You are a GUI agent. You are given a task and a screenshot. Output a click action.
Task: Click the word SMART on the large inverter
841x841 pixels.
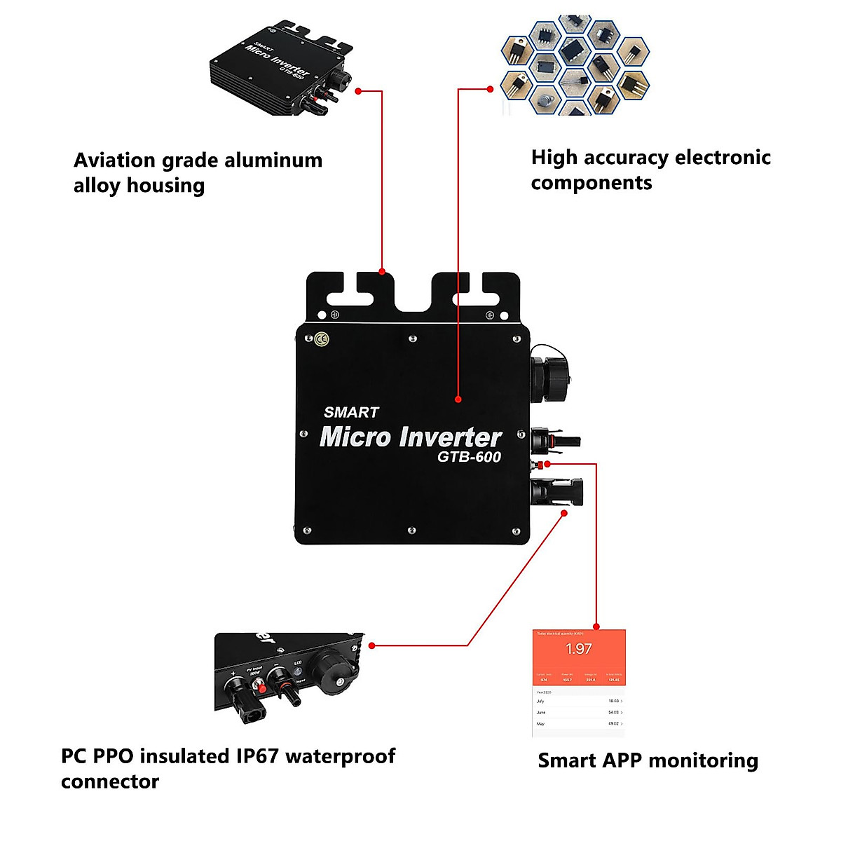coord(351,413)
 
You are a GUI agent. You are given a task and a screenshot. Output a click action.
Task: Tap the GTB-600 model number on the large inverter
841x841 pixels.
coord(469,457)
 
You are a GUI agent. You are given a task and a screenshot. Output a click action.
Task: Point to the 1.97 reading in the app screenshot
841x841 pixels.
coord(579,649)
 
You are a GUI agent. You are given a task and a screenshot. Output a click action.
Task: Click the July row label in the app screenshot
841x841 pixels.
coord(540,701)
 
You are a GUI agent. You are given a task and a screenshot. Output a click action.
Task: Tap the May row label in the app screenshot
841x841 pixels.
coord(540,723)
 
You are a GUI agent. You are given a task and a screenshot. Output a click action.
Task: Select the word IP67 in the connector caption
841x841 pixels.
coord(257,757)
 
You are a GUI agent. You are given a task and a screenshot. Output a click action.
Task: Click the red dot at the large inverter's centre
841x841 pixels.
coord(458,399)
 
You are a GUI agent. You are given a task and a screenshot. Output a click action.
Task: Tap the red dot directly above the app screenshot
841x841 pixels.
coord(596,627)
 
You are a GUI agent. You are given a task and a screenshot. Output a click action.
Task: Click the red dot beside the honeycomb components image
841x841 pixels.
coord(491,89)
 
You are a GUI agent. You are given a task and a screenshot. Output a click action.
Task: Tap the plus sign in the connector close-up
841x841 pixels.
coord(233,674)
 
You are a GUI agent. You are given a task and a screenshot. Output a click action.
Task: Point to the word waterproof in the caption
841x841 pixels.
coord(341,757)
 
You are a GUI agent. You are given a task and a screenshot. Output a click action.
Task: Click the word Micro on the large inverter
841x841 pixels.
coord(355,437)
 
